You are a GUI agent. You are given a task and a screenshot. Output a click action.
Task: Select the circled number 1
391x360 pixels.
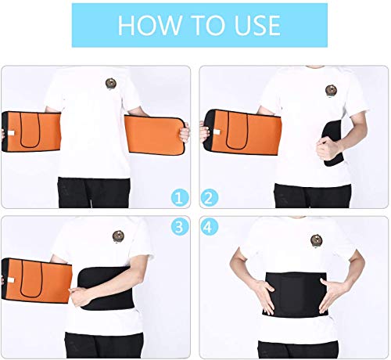pos(180,198)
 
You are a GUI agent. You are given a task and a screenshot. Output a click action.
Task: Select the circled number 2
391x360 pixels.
pos(210,198)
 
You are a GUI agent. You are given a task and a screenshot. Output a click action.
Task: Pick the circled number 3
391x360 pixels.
pos(180,227)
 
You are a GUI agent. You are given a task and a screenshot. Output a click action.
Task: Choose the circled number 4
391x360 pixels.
pos(210,227)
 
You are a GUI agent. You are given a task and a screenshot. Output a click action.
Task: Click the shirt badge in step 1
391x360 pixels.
pos(111,84)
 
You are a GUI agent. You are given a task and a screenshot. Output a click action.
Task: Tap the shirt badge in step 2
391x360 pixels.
pos(331,91)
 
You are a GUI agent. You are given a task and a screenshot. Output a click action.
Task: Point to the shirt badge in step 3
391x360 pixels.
pos(118,236)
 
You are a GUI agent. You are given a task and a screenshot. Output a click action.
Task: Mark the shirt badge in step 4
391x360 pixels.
pos(317,240)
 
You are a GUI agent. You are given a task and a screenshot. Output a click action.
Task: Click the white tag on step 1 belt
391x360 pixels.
pos(11,133)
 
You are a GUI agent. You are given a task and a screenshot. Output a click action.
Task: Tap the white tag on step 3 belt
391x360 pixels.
pos(11,280)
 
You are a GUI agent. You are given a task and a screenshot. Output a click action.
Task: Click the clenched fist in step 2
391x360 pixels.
pos(328,148)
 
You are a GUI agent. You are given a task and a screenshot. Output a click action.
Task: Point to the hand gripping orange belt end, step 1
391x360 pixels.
pos(185,133)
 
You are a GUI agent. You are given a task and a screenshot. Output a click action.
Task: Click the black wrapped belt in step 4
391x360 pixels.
pos(296,294)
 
